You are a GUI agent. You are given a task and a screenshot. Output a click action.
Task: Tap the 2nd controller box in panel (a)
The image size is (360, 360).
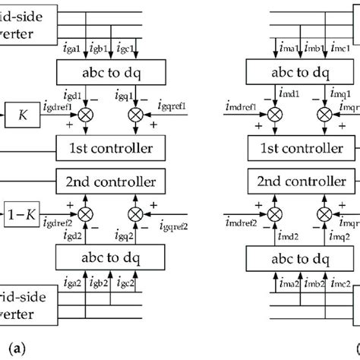(115, 182)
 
